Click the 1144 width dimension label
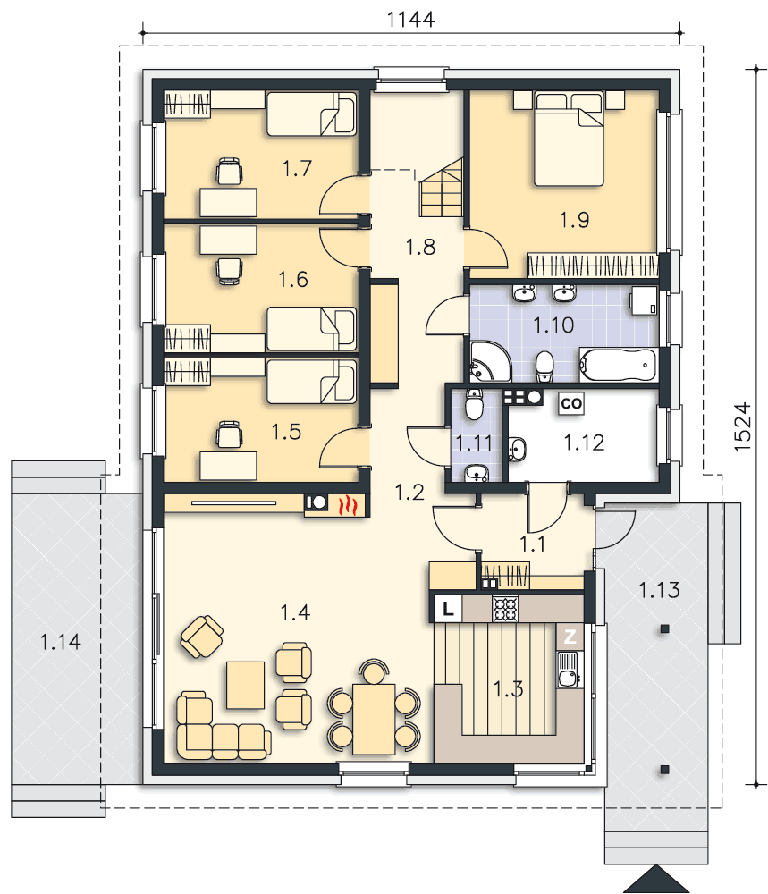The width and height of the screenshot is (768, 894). pos(410,20)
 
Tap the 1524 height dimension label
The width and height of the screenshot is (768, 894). pos(742,427)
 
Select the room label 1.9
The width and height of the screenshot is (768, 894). pos(574,220)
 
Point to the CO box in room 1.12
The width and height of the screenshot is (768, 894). pos(570,404)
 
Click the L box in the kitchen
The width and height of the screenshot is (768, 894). pos(448,608)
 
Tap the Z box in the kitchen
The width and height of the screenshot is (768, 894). pos(570,637)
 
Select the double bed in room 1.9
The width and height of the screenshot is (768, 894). pos(569,139)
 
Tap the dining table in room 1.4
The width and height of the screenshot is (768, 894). pos(374,720)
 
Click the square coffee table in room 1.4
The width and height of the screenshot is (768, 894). pos(245,685)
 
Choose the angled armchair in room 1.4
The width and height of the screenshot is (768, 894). pos(202,636)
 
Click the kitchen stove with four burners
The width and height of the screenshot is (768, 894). pos(505,608)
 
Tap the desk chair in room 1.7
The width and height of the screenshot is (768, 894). pos(229,171)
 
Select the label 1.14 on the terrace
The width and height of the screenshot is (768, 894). pos(61,642)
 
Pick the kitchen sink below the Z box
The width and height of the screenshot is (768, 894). pos(569,671)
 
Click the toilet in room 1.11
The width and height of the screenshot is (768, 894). pos(474,404)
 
